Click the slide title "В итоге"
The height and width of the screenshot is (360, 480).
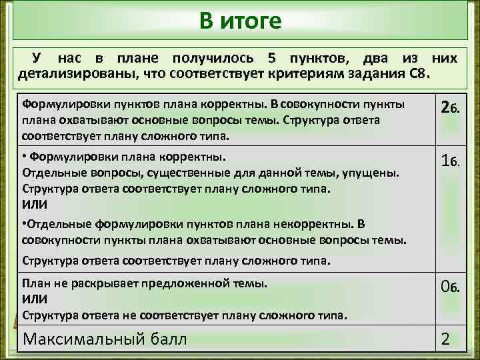click(x=240, y=21)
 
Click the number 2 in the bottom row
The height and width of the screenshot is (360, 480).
click(x=445, y=340)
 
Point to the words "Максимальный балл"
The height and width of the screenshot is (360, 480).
click(x=105, y=339)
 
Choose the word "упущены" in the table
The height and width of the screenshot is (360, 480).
click(x=375, y=173)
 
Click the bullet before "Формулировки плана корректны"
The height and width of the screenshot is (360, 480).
click(x=25, y=157)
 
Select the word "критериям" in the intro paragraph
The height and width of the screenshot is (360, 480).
click(x=300, y=72)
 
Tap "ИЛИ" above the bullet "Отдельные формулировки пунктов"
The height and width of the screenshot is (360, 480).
click(x=35, y=204)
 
